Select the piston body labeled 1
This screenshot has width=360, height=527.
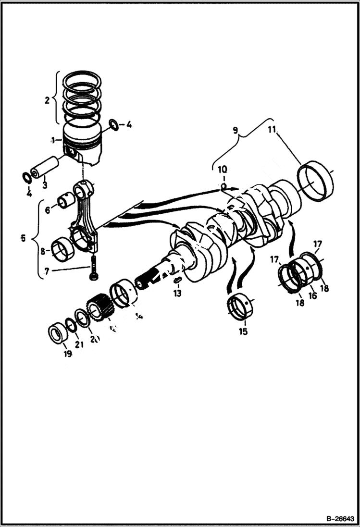(82, 144)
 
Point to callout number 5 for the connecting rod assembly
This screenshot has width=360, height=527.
(23, 238)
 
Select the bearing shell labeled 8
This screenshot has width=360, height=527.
(62, 249)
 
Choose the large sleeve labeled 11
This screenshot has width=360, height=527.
(316, 181)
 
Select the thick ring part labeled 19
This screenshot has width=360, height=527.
(57, 333)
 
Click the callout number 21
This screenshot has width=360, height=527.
(79, 344)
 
